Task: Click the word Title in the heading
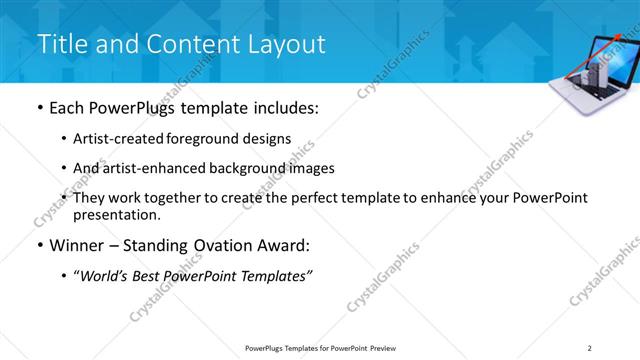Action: pos(61,44)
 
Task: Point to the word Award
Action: pos(290,245)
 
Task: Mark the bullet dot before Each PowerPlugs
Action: pos(39,107)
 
